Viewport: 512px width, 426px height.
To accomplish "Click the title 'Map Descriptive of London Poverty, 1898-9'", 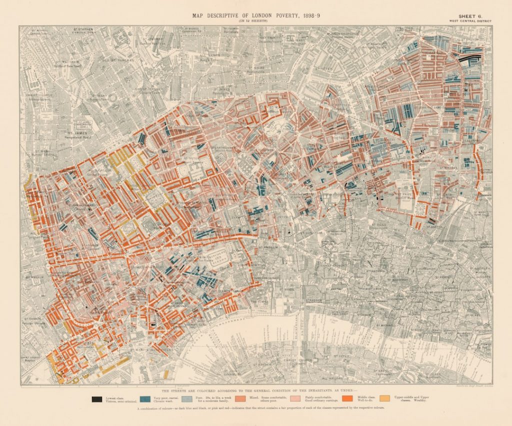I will pos(256,16).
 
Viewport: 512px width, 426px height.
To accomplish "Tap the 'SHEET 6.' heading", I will pos(470,16).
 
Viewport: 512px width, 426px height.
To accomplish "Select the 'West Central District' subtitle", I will pos(470,21).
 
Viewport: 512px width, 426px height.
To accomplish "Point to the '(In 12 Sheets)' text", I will pos(256,21).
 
